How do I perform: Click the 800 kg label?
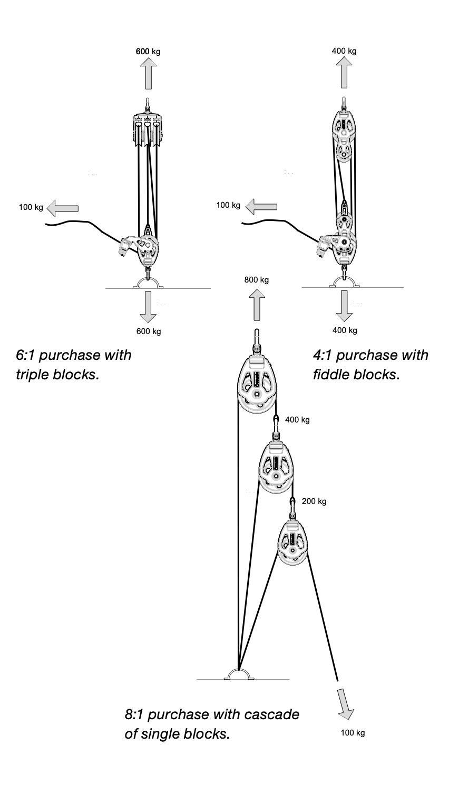coord(256,280)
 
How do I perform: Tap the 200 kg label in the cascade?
coord(314,501)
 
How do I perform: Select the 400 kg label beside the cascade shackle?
coord(297,420)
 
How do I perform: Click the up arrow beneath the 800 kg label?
coord(257,305)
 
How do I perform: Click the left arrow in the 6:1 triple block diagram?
coord(63,208)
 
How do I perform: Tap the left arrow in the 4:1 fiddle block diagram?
coord(261,207)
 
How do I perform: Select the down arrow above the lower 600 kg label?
coord(148,307)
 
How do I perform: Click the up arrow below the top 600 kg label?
coord(148,73)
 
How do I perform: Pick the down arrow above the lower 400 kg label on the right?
coord(344,306)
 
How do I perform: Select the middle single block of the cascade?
coord(276,465)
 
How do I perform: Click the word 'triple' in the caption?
coord(32,375)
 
